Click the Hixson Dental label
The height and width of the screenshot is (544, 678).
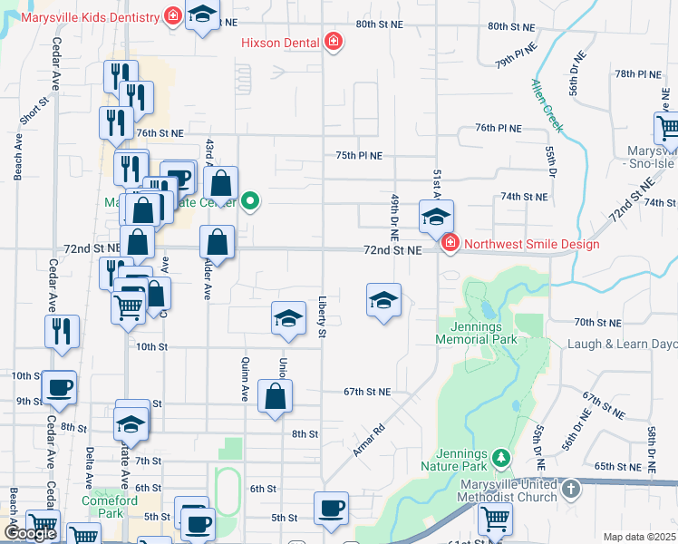click(x=280, y=43)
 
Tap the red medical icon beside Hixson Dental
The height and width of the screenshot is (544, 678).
click(x=334, y=42)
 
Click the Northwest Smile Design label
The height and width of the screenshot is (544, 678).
click(x=530, y=244)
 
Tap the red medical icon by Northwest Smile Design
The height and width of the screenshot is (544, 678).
click(x=450, y=243)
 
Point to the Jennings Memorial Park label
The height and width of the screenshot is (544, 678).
click(x=476, y=333)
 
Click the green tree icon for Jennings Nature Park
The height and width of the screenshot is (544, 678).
click(x=499, y=455)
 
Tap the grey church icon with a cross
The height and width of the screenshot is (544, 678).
click(x=570, y=490)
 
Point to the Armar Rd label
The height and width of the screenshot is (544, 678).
click(x=371, y=438)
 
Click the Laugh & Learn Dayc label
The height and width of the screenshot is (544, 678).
click(x=622, y=345)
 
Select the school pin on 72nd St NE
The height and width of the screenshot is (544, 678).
click(x=436, y=217)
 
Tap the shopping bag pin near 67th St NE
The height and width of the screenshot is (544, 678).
click(x=275, y=397)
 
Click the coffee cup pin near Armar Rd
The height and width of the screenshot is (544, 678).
click(x=331, y=508)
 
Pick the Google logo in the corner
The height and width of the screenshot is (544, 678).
click(x=31, y=533)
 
